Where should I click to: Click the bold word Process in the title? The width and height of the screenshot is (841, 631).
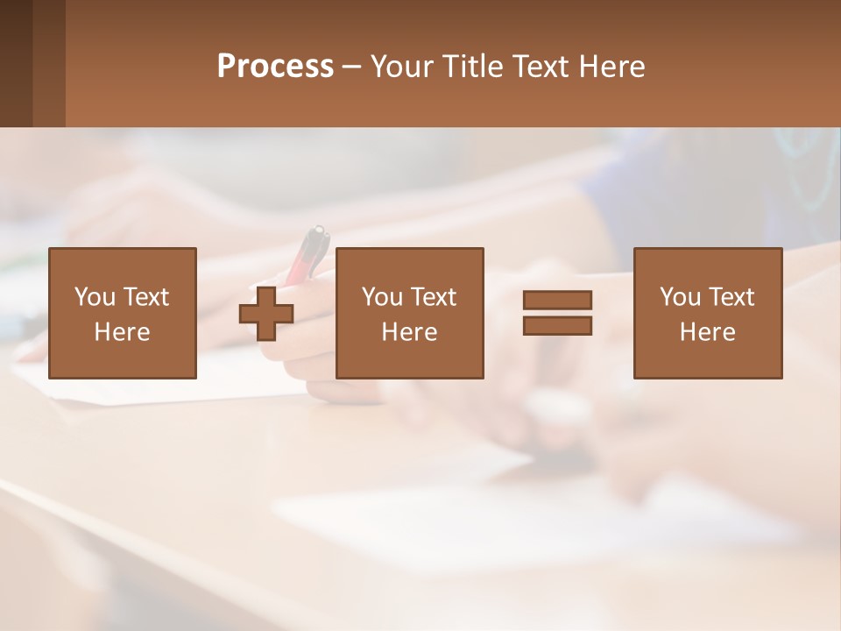(x=275, y=67)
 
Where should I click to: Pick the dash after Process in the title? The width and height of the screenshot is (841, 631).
(x=351, y=67)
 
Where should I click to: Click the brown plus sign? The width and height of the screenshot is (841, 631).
(x=266, y=314)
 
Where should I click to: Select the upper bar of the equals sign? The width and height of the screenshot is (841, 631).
(x=557, y=300)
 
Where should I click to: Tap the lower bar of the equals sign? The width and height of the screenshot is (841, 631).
(x=557, y=325)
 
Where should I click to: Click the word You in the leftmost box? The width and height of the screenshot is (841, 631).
(x=95, y=297)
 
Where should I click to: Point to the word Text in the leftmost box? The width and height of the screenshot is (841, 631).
(x=145, y=297)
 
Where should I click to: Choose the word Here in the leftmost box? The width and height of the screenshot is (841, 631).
(x=122, y=332)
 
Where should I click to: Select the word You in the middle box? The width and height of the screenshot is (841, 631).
(x=382, y=297)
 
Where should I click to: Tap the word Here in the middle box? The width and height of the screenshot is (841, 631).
(x=409, y=332)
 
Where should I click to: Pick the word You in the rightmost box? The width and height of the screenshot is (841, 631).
(x=680, y=297)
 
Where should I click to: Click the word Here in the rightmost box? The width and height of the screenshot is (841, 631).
(x=707, y=332)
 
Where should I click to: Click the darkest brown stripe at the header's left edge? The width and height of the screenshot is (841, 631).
(x=16, y=63)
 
